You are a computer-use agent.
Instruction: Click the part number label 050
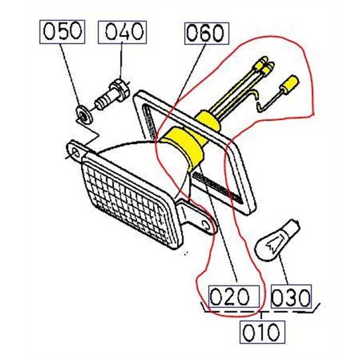pyautogui.click(x=63, y=32)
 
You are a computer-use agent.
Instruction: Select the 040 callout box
pyautogui.click(x=124, y=32)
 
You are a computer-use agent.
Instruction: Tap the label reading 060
pyautogui.click(x=205, y=32)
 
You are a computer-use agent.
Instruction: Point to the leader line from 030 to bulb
pyautogui.click(x=283, y=271)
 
